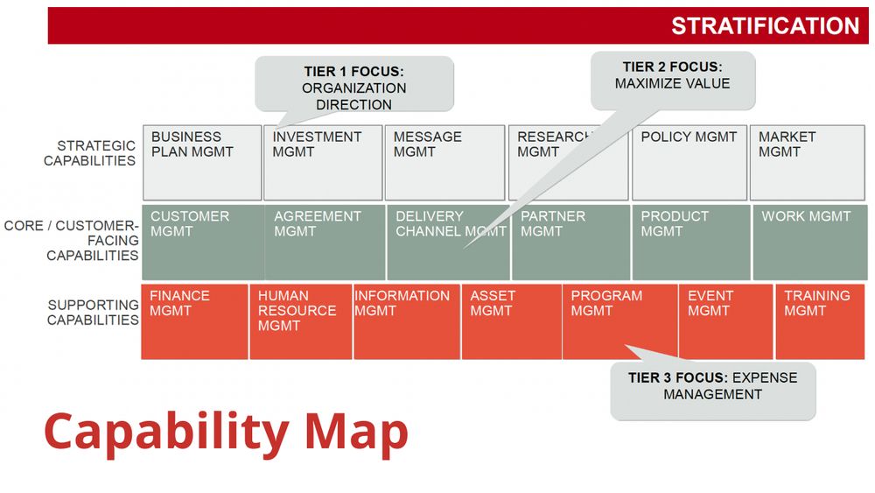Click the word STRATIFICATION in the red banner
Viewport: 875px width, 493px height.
point(765,25)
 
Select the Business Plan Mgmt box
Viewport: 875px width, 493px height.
point(202,163)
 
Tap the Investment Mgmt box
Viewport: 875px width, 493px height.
point(323,163)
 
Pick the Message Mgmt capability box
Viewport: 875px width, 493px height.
point(444,163)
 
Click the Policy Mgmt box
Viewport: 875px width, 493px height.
point(689,163)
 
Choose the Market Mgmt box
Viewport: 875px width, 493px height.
point(807,163)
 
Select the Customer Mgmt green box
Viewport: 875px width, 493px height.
point(203,243)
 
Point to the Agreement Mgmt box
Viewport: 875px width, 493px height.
point(325,243)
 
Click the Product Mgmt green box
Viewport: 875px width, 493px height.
point(691,243)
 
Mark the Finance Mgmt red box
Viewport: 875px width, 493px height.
point(194,321)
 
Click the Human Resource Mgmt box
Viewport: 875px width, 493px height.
point(301,321)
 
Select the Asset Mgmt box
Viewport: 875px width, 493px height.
point(512,321)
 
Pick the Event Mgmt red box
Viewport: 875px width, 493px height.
point(726,321)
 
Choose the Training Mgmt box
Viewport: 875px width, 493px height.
point(820,321)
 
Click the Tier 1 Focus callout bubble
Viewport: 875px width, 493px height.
point(354,84)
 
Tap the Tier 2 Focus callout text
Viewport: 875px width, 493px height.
point(672,75)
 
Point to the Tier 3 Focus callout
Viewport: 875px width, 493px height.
point(713,391)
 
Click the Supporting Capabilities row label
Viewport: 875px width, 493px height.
point(94,312)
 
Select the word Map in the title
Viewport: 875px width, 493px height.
point(356,433)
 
